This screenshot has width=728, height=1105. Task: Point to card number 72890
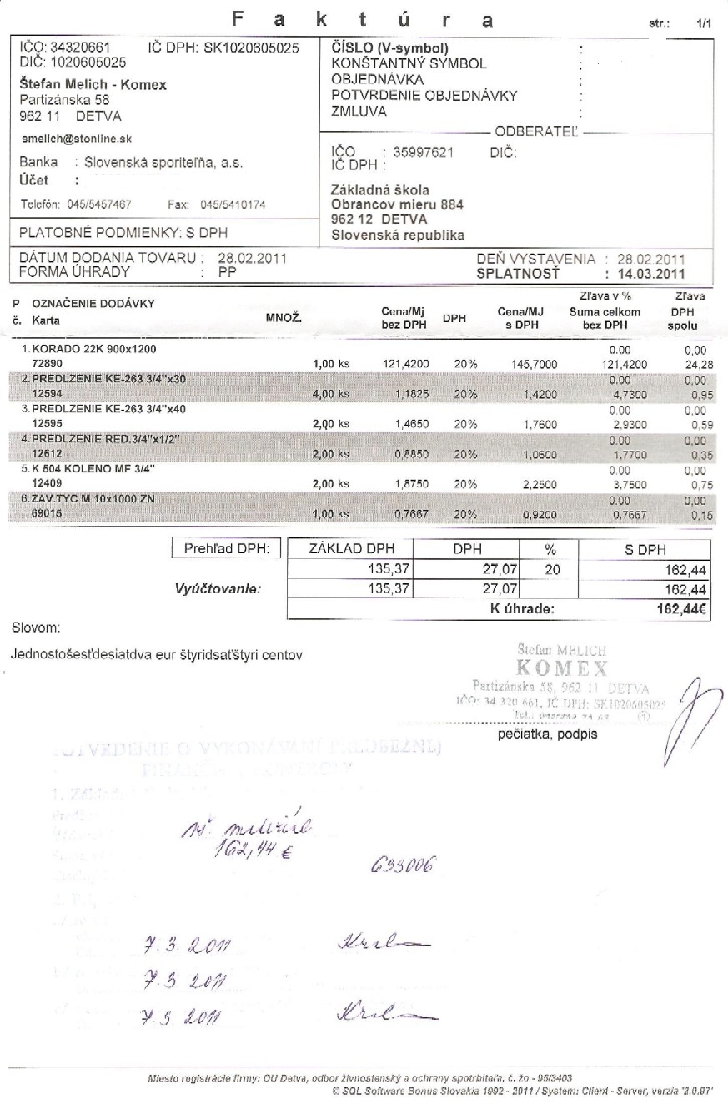pos(46,364)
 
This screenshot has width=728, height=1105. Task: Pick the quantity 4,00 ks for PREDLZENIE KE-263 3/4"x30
pos(331,394)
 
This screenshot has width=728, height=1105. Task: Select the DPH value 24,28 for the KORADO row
pos(693,364)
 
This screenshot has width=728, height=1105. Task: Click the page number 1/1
pos(705,26)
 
